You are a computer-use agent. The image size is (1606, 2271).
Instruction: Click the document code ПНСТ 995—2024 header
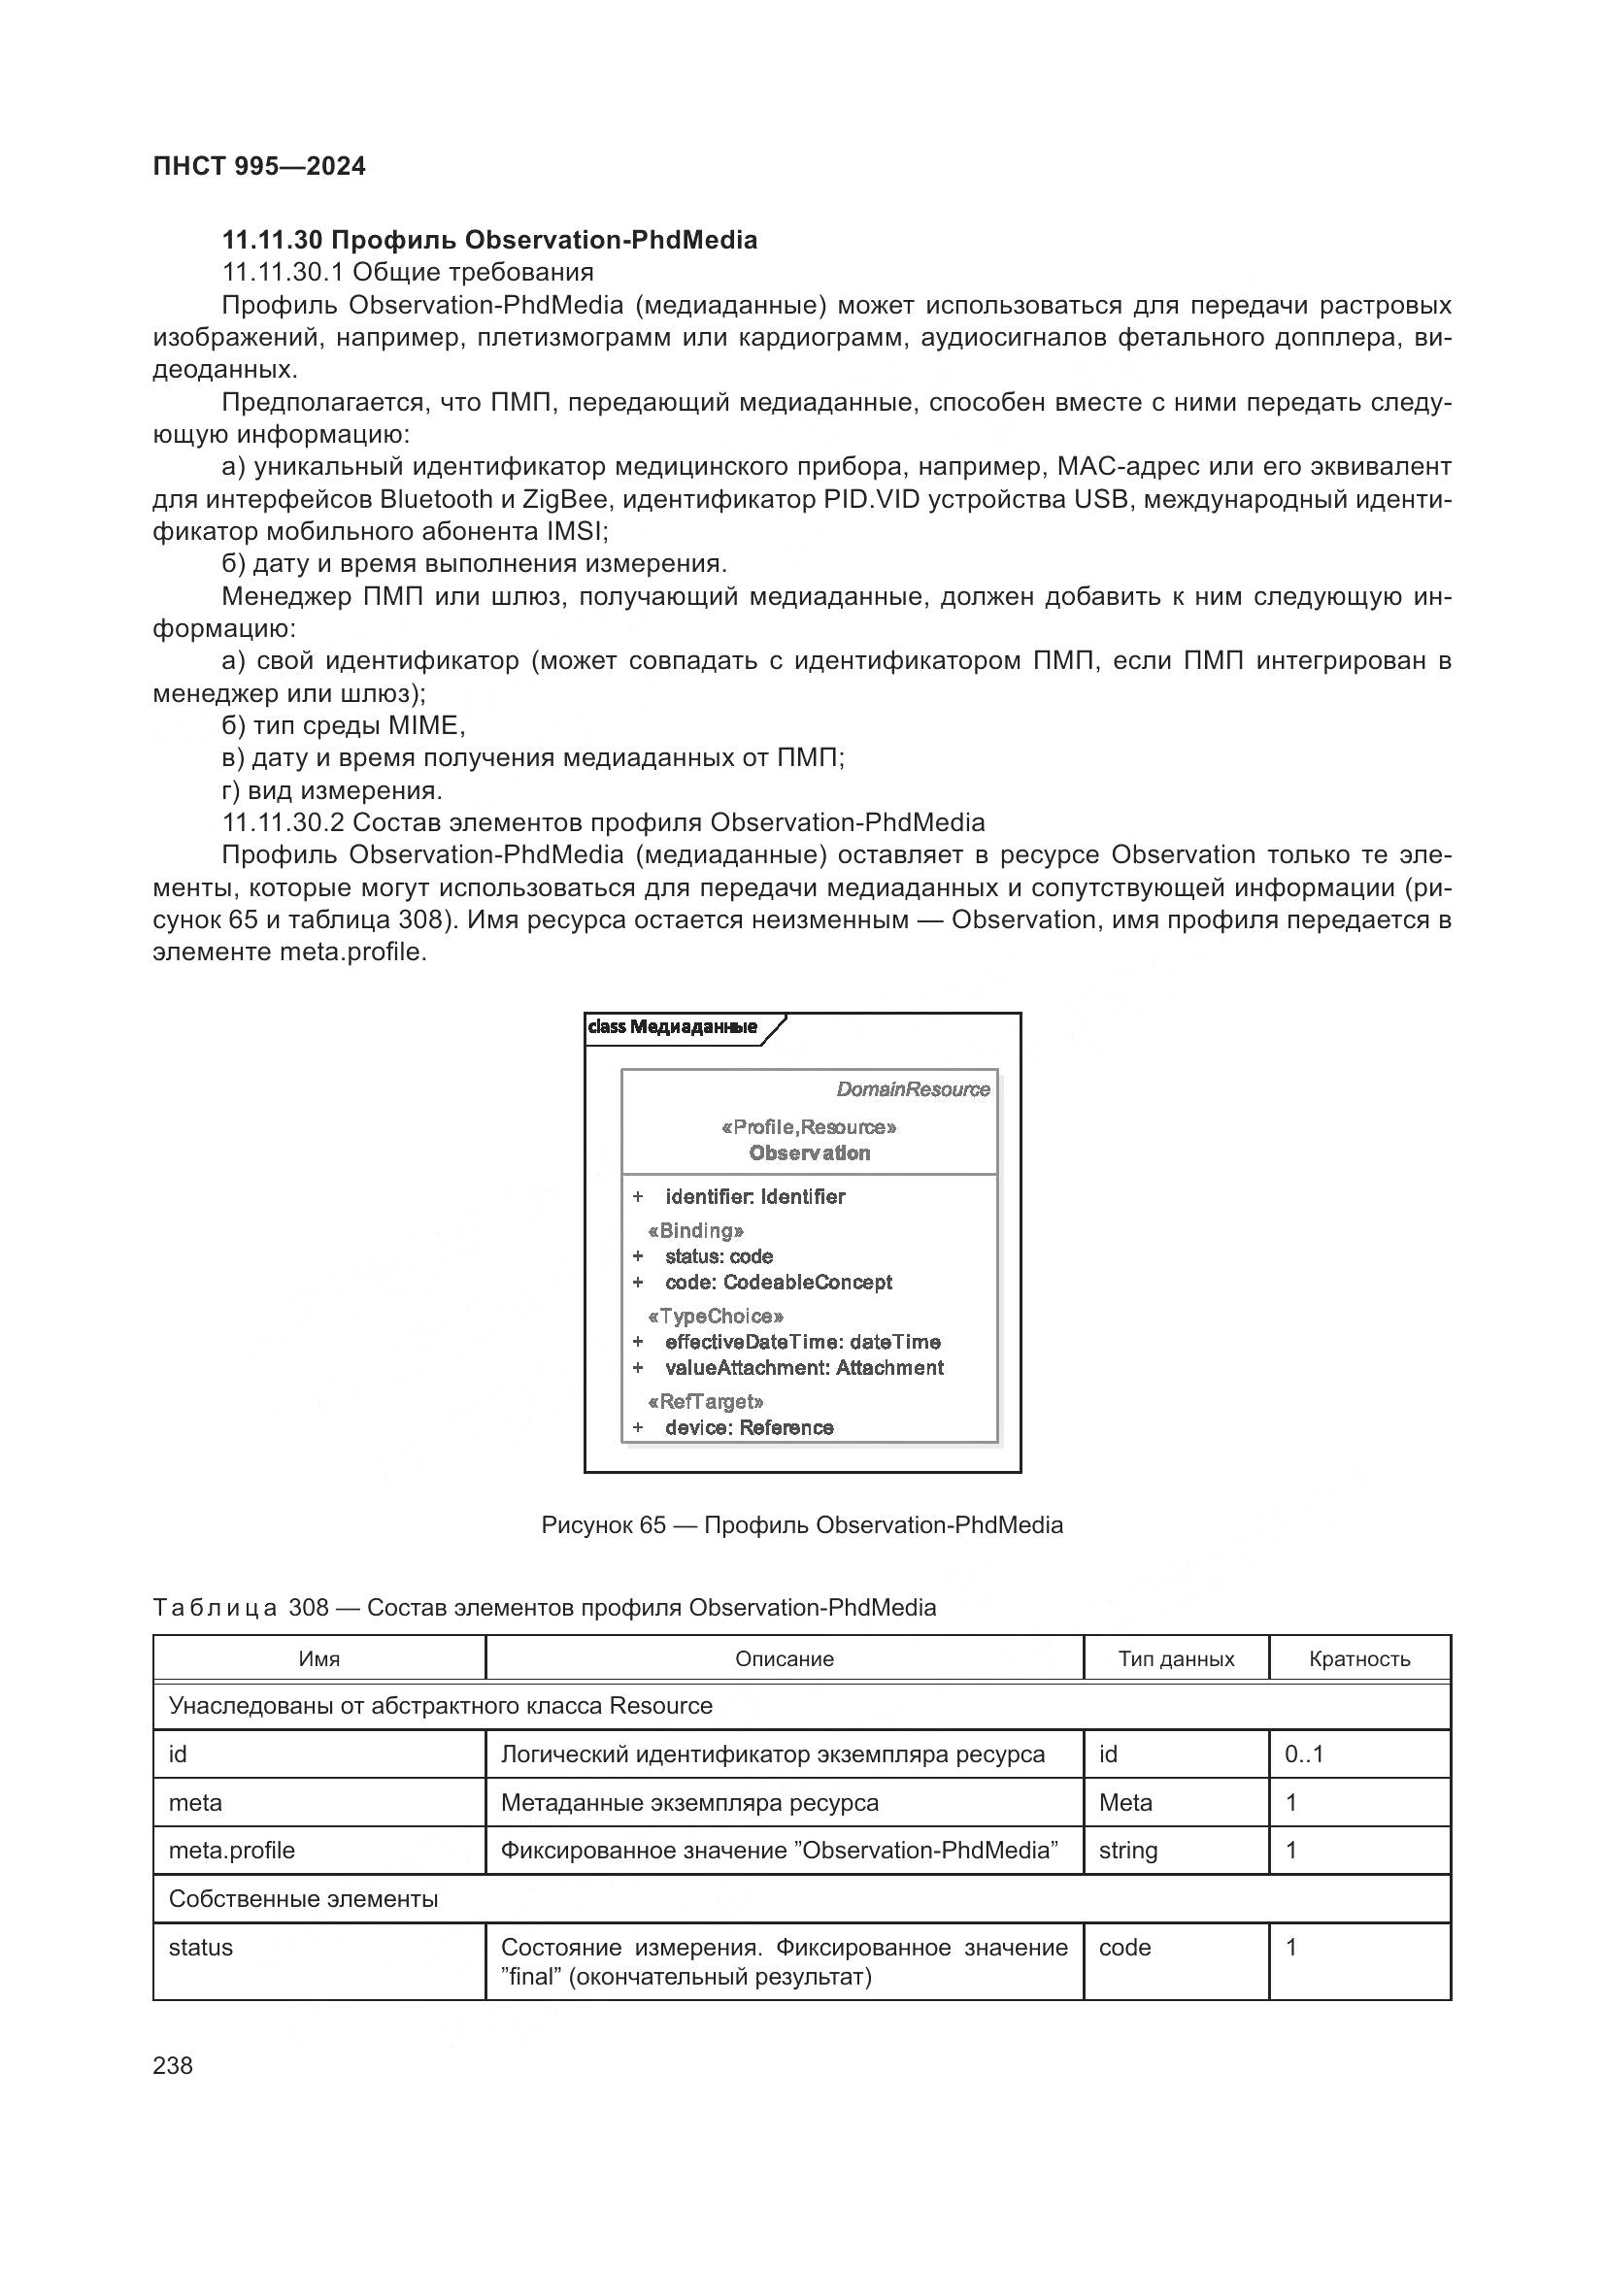259,166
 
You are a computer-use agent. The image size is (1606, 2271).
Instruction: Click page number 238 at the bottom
173,2065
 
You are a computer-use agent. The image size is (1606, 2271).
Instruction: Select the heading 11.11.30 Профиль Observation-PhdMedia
489,241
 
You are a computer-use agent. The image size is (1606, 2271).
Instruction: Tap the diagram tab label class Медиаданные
673,1026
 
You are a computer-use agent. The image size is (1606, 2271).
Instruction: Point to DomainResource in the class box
912,1089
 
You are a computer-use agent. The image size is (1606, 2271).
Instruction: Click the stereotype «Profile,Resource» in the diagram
809,1126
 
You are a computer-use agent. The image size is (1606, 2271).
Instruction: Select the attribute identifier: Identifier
754,1197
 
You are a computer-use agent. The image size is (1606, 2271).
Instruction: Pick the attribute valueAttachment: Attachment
803,1368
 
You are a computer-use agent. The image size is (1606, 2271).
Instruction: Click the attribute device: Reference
749,1427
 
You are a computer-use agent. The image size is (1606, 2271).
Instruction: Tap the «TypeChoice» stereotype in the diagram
715,1317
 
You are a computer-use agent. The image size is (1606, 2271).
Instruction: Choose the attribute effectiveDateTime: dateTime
802,1342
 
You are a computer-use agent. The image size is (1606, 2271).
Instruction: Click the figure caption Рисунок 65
802,1524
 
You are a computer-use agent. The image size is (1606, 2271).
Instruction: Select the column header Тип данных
1176,1658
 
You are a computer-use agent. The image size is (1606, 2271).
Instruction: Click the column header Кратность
1358,1658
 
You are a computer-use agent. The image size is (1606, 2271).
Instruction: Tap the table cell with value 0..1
1303,1753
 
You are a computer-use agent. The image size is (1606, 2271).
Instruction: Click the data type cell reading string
1127,1850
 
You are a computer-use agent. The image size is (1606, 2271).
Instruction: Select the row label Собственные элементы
303,1898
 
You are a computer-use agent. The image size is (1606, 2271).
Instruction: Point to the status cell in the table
201,1947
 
